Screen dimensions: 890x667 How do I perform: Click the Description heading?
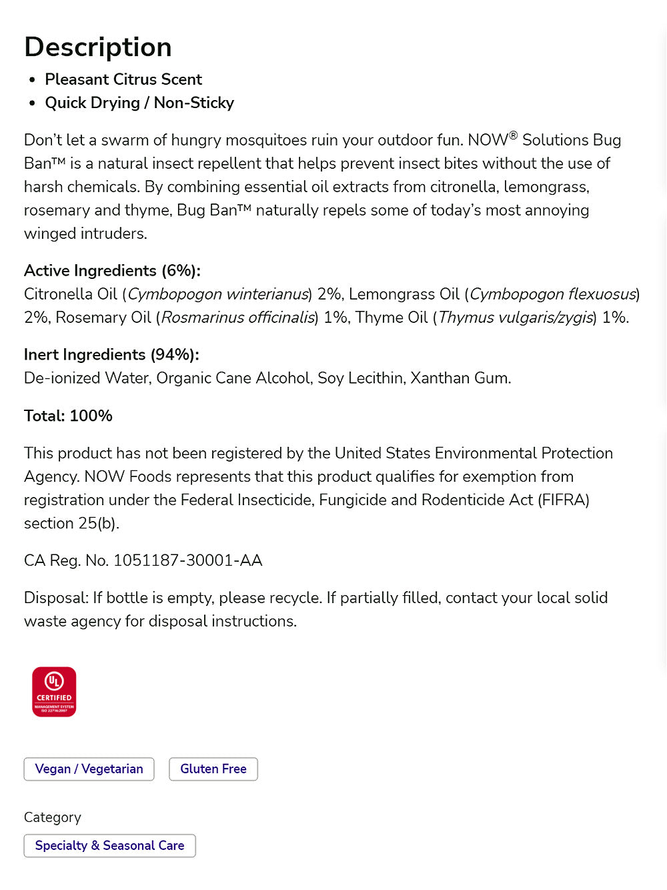click(98, 47)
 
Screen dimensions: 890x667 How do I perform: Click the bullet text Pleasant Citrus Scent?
click(123, 79)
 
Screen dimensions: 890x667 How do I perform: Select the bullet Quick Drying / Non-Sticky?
click(139, 103)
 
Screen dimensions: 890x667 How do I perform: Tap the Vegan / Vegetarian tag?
click(89, 769)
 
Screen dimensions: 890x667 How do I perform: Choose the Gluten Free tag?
click(213, 769)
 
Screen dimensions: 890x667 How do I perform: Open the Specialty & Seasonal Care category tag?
click(109, 845)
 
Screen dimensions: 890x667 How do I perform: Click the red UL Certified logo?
click(54, 692)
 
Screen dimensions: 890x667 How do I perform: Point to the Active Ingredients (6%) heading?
click(112, 270)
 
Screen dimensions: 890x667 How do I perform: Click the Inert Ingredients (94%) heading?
click(111, 354)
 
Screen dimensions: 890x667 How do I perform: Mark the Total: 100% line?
click(68, 416)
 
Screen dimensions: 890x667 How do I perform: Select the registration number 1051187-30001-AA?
click(187, 560)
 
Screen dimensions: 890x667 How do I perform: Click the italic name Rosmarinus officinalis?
click(238, 318)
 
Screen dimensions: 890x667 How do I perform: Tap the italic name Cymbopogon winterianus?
click(218, 294)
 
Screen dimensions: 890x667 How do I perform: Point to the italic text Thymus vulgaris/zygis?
click(516, 318)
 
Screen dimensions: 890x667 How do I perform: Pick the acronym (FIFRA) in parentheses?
click(564, 500)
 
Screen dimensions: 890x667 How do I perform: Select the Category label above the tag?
click(53, 817)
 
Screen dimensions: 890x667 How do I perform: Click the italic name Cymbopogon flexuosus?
click(553, 294)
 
